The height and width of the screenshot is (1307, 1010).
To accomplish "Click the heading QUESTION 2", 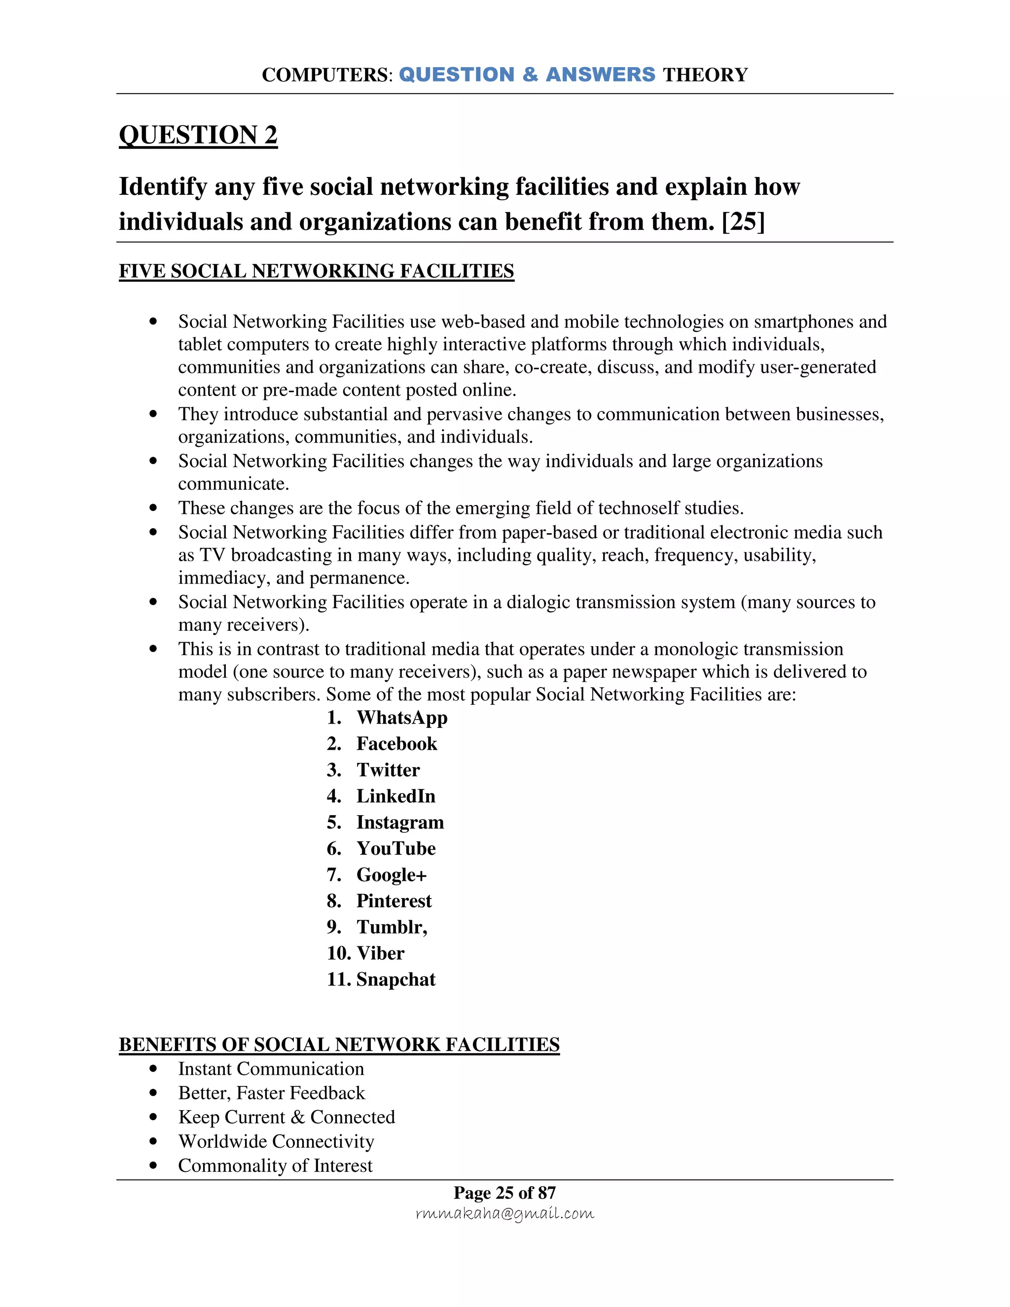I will pyautogui.click(x=198, y=135).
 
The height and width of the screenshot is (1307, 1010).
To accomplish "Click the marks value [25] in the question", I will pyautogui.click(x=743, y=222).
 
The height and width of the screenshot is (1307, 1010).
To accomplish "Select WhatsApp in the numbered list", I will pyautogui.click(x=401, y=718).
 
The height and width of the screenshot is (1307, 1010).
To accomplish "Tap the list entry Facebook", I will pyautogui.click(x=397, y=744).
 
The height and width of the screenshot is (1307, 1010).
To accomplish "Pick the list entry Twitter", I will pyautogui.click(x=388, y=770).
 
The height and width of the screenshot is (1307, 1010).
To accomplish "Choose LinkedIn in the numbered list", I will pyautogui.click(x=396, y=797).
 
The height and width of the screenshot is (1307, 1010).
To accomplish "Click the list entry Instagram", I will pyautogui.click(x=399, y=823).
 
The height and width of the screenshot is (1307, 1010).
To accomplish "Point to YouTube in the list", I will pyautogui.click(x=396, y=849).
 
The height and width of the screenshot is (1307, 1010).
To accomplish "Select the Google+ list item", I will pyautogui.click(x=391, y=875).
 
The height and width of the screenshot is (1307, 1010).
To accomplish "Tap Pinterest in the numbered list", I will pyautogui.click(x=394, y=901).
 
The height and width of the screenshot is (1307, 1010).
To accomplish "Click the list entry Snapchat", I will pyautogui.click(x=396, y=980).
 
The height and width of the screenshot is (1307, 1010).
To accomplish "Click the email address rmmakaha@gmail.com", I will pyautogui.click(x=505, y=1214).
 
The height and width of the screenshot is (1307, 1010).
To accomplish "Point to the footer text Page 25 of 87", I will pyautogui.click(x=505, y=1193).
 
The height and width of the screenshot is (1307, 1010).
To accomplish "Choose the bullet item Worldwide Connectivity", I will pyautogui.click(x=276, y=1141).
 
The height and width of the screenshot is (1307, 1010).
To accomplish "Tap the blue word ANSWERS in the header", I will pyautogui.click(x=600, y=75).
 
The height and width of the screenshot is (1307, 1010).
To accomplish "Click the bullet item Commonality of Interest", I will pyautogui.click(x=275, y=1166).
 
